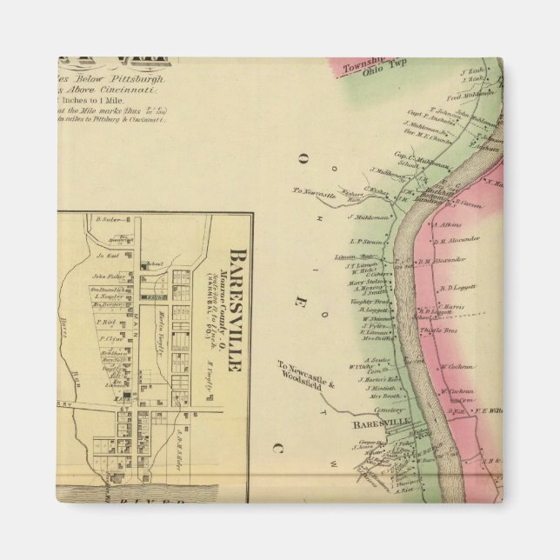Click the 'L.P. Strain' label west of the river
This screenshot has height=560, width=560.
366,242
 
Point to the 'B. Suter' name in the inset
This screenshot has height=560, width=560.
107,219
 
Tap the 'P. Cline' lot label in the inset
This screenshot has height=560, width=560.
110,339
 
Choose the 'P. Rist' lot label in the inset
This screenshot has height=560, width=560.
107,322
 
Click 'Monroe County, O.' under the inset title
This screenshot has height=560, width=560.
221,296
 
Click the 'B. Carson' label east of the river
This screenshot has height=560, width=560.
469,204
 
